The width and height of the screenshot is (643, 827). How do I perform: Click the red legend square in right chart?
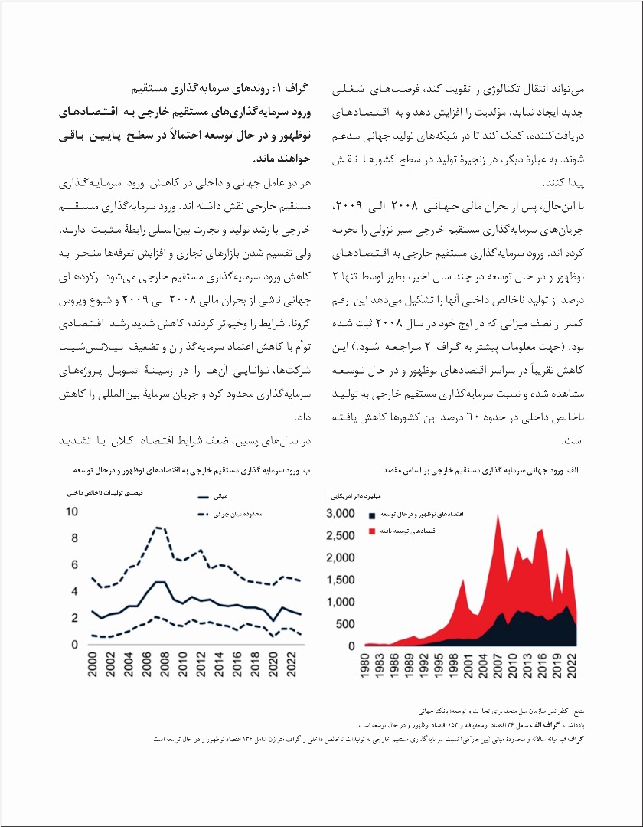[372, 531]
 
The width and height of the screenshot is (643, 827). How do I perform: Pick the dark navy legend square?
[372, 515]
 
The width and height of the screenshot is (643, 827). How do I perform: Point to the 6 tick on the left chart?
[73, 565]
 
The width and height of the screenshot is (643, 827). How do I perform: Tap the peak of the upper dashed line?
[158, 527]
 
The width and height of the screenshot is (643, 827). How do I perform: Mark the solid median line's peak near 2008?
[159, 582]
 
